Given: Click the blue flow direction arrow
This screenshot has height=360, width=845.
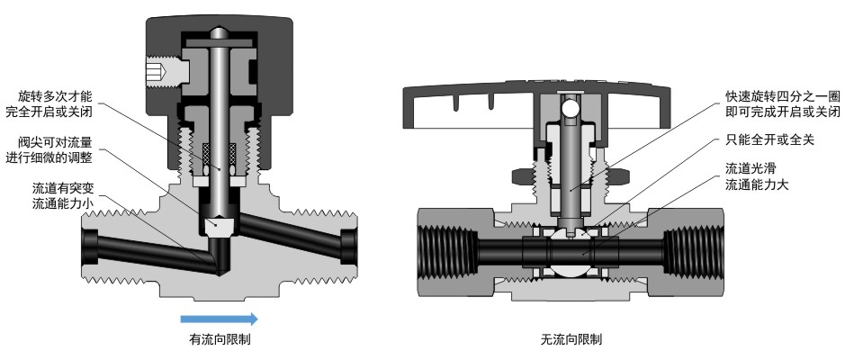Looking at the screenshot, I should point(219,319).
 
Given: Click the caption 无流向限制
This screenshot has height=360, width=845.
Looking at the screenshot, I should point(571,340).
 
